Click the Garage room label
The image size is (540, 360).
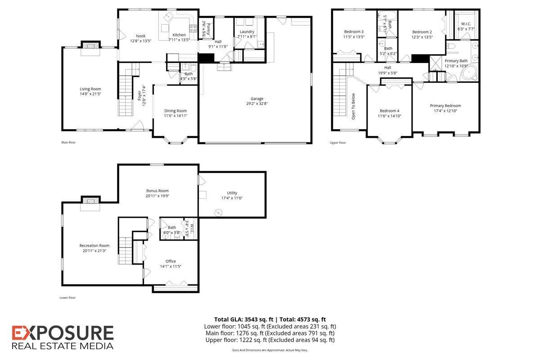tap(257, 99)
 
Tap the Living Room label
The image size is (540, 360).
tap(90, 89)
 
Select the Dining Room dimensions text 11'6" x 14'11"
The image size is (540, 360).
tap(175, 116)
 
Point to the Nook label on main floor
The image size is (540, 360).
tap(141, 36)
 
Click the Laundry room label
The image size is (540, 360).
tap(247, 31)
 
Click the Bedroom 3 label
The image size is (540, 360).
tap(354, 31)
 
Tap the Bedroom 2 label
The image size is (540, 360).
tap(422, 31)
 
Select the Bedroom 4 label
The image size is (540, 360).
tap(390, 111)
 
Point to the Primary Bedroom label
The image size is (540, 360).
tap(445, 106)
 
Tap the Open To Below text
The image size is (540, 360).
tap(353, 106)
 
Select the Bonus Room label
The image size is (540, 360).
tap(157, 190)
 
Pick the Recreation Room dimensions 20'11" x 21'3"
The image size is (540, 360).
tap(94, 251)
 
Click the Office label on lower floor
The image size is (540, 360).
tap(171, 261)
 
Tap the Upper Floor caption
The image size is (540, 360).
tap(338, 143)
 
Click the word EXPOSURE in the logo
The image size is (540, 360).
tap(63, 333)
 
